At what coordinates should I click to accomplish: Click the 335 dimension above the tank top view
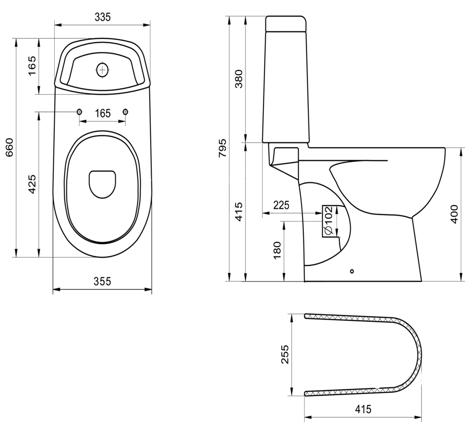102,17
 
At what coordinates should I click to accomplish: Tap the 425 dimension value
32,184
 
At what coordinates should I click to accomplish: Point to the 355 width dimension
102,281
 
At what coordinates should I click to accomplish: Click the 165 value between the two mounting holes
102,113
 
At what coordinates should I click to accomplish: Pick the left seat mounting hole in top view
79,111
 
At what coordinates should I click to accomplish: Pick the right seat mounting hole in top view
126,111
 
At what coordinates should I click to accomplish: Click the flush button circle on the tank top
102,70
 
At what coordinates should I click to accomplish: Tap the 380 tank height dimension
239,80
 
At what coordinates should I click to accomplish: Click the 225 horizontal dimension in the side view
281,204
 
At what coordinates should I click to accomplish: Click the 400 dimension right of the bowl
454,215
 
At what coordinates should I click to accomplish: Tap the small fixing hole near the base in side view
352,272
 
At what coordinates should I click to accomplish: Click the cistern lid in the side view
287,23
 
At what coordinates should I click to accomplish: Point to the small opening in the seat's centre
102,183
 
